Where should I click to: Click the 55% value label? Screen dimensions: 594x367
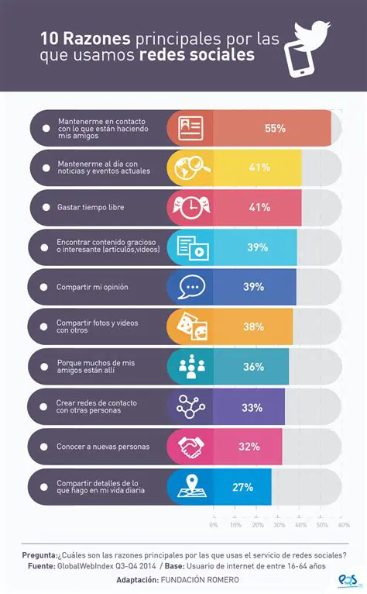[275, 128]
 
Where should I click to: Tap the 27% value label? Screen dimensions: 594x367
[242, 487]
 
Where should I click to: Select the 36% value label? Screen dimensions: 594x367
[253, 367]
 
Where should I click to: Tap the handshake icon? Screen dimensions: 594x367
[190, 447]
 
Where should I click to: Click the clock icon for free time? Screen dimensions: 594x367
[190, 207]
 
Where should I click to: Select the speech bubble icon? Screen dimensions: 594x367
[190, 287]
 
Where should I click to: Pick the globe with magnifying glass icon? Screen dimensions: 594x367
[190, 167]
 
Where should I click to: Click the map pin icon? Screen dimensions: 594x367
[190, 487]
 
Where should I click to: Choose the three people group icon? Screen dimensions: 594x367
[190, 367]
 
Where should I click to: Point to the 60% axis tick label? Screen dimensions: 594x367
[344, 525]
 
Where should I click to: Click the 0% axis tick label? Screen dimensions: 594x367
[214, 525]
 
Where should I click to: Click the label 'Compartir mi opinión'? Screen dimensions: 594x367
[92, 287]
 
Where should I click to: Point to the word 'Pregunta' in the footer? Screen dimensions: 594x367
[38, 555]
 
